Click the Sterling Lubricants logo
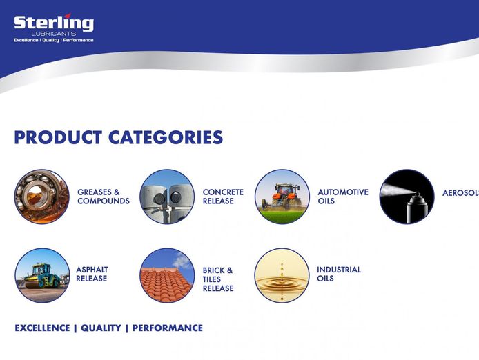pos(53,28)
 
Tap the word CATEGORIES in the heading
pos(165,137)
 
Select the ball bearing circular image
pos(41,197)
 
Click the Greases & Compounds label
pos(103,197)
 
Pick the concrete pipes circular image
pos(167,197)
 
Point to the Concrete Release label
pos(222,197)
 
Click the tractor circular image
pos(282,197)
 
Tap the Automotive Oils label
pos(342,197)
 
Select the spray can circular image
pos(407,197)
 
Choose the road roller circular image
pos(41,275)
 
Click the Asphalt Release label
pos(92,274)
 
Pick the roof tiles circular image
pos(167,275)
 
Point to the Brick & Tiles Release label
pos(217,279)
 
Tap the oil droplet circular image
pos(282,275)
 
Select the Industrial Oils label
pos(338,274)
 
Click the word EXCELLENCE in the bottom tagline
pos(42,328)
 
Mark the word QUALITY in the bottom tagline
pos(101,328)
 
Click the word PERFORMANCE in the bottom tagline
pos(167,328)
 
